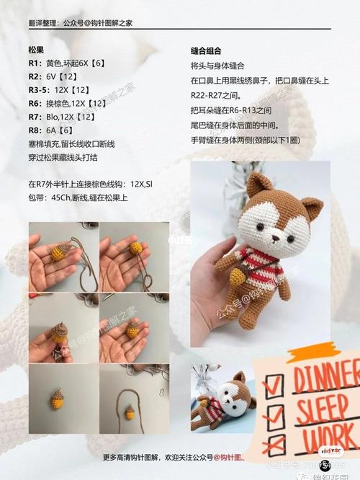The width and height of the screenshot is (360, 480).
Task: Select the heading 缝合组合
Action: tap(205, 50)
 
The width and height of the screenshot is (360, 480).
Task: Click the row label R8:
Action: tap(35, 130)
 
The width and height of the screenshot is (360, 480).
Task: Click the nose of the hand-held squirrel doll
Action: tap(276, 237)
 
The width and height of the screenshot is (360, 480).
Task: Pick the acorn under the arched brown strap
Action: tap(130, 412)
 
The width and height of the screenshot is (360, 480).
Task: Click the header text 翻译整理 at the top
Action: tap(45, 23)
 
